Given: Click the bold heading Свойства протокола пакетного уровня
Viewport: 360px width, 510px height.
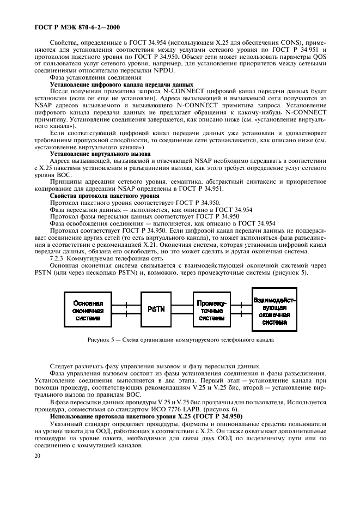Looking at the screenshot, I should coord(97,195).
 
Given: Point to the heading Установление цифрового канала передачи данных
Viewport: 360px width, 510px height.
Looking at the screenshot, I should coord(121,85).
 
